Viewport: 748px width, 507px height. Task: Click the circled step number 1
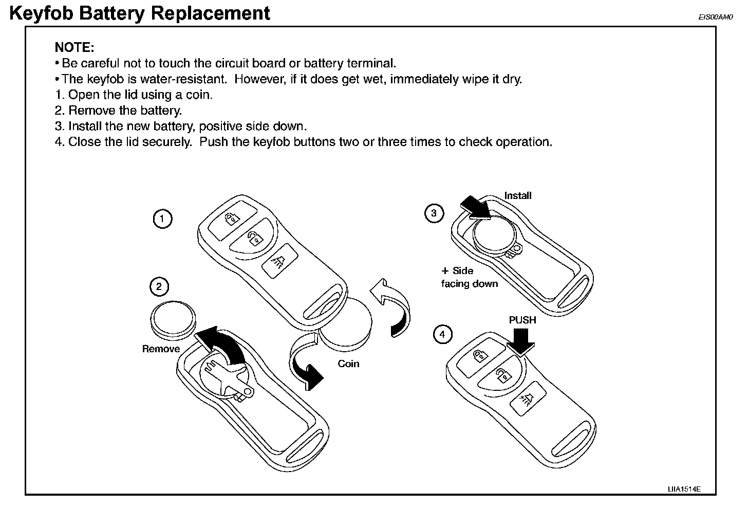pyautogui.click(x=163, y=220)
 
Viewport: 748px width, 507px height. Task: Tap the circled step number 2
pyautogui.click(x=159, y=286)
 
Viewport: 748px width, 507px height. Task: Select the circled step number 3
pyautogui.click(x=434, y=213)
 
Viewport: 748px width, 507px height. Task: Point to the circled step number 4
pyautogui.click(x=443, y=335)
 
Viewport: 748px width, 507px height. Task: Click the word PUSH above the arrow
pyautogui.click(x=522, y=320)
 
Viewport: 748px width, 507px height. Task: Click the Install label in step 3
pyautogui.click(x=517, y=195)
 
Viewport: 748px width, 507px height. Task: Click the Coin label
pyautogui.click(x=348, y=364)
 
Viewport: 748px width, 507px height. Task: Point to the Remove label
pyautogui.click(x=161, y=349)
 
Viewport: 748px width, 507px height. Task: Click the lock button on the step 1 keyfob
pyautogui.click(x=232, y=218)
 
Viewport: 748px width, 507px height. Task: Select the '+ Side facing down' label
pyautogui.click(x=469, y=277)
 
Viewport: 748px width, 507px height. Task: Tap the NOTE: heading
pyautogui.click(x=74, y=48)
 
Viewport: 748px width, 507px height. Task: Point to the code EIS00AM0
pyautogui.click(x=714, y=17)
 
